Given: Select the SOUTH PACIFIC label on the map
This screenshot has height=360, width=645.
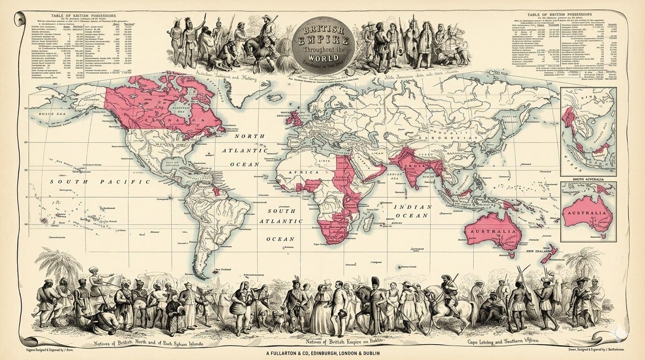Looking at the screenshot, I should [x=104, y=181].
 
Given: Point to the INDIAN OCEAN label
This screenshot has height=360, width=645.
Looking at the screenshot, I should [x=412, y=211].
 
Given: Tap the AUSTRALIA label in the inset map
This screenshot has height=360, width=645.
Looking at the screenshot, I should [x=589, y=213].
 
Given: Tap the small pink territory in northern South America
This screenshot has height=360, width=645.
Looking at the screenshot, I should [x=217, y=190].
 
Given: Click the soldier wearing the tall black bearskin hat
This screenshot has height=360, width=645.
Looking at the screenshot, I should [x=375, y=300].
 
